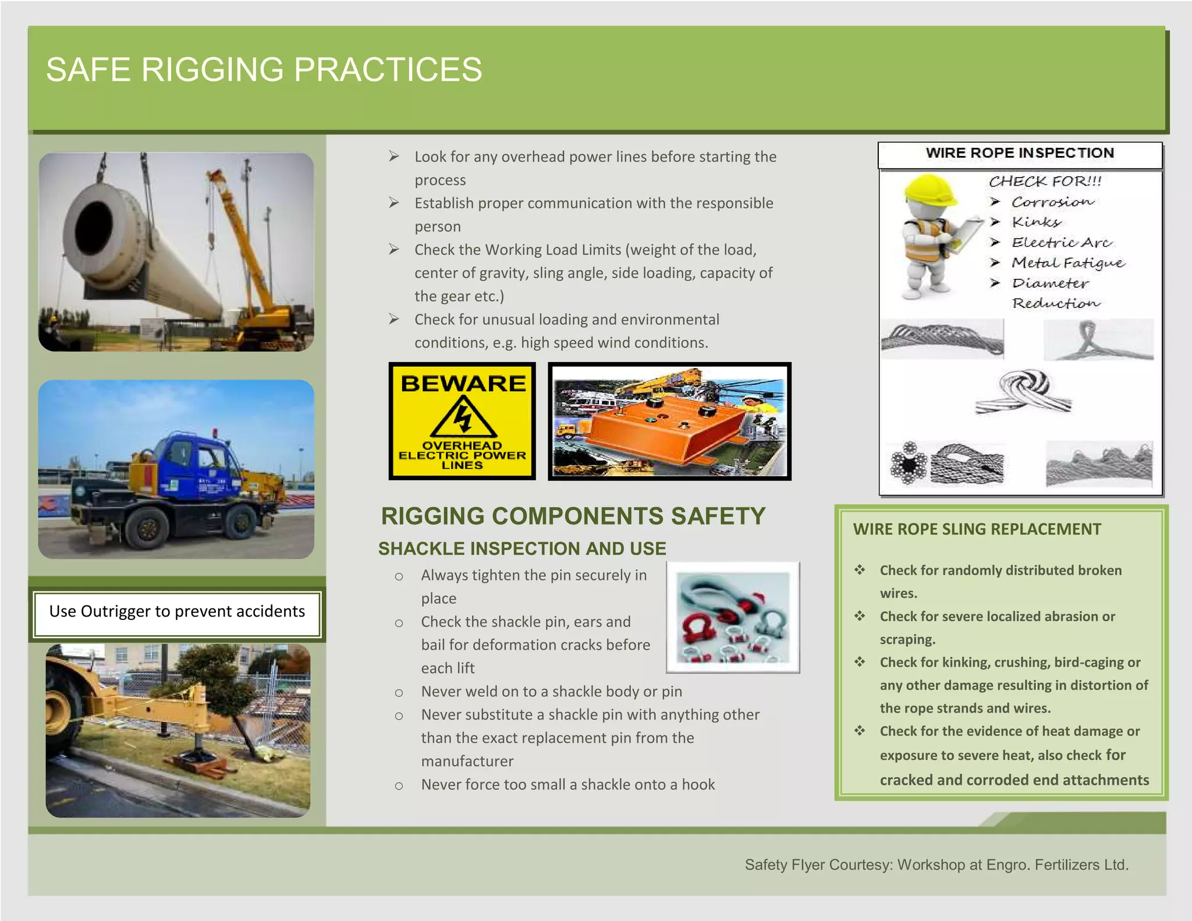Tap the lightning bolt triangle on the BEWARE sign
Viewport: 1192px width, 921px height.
click(463, 417)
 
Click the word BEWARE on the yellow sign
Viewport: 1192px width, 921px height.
click(463, 384)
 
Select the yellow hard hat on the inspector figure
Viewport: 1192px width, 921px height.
click(930, 190)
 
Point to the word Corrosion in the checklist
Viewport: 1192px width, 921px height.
click(1052, 202)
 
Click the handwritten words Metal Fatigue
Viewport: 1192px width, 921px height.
click(1068, 263)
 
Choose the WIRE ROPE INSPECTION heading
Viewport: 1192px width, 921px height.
click(1020, 153)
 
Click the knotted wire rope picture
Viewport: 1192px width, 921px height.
click(1024, 391)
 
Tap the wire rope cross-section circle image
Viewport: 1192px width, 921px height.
click(909, 464)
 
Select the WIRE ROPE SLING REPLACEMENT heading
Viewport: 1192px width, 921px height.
click(977, 529)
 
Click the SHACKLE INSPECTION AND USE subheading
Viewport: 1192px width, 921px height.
click(522, 548)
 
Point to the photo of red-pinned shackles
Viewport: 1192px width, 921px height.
click(733, 617)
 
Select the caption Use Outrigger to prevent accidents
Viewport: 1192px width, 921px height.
click(177, 611)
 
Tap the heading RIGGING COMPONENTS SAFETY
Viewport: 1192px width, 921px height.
click(573, 516)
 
